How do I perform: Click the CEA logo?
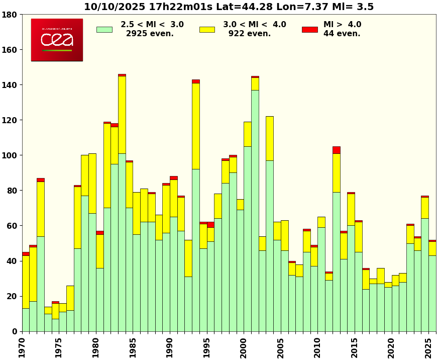tap(57, 40)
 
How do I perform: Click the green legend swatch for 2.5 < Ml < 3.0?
tap(104, 30)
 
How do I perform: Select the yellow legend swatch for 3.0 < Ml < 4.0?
tap(207, 30)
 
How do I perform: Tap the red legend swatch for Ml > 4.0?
tap(309, 30)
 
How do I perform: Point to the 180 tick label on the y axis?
tap(10, 15)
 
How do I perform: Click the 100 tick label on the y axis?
tap(10, 155)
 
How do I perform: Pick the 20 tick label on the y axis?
tap(12, 296)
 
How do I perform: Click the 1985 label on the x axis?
tap(133, 347)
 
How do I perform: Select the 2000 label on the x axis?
tap(244, 347)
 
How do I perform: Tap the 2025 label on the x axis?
tap(428, 347)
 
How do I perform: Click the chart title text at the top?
tap(229, 7)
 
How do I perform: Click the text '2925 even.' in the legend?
tap(150, 34)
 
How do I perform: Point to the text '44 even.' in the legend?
tap(342, 34)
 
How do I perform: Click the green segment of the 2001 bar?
tap(255, 211)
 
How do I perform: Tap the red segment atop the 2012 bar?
tap(337, 150)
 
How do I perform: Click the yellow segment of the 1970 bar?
tap(26, 282)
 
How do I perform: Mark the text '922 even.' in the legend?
tap(250, 34)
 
